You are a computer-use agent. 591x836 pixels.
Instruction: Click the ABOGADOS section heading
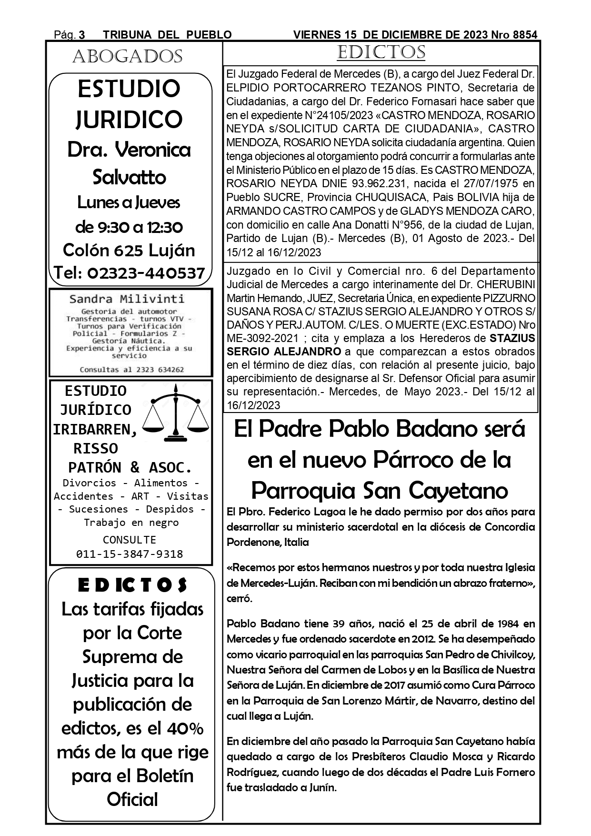(127, 57)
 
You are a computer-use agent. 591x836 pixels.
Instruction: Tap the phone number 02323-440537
(146, 273)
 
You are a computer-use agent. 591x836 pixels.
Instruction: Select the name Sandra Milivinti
(127, 299)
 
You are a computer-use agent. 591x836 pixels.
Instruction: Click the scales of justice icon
(176, 414)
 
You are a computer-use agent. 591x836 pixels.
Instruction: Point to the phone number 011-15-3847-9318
(130, 554)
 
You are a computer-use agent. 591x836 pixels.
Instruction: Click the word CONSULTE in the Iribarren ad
(130, 540)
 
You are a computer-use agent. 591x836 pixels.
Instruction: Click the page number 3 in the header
(81, 35)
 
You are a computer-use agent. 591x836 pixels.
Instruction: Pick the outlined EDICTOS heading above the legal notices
(381, 52)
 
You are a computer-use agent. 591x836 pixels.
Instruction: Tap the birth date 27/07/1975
(481, 183)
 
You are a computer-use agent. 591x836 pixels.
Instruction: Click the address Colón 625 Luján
(129, 250)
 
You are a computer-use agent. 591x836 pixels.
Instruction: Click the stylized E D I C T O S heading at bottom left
(132, 585)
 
